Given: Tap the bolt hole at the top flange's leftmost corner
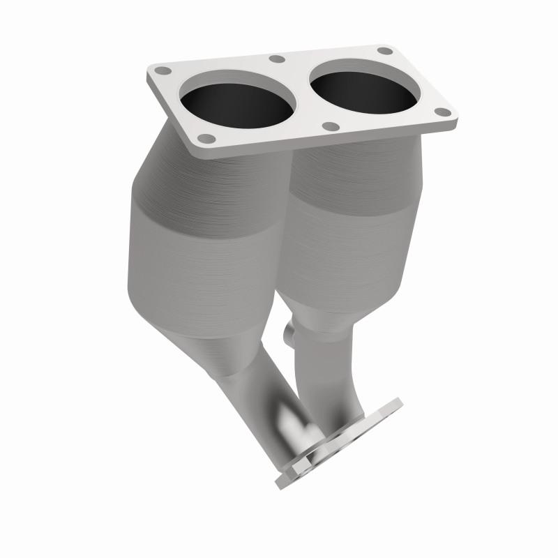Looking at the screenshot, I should click(x=163, y=71).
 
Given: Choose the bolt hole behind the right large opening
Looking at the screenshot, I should click(x=384, y=51).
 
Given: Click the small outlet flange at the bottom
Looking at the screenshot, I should click(x=342, y=446).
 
